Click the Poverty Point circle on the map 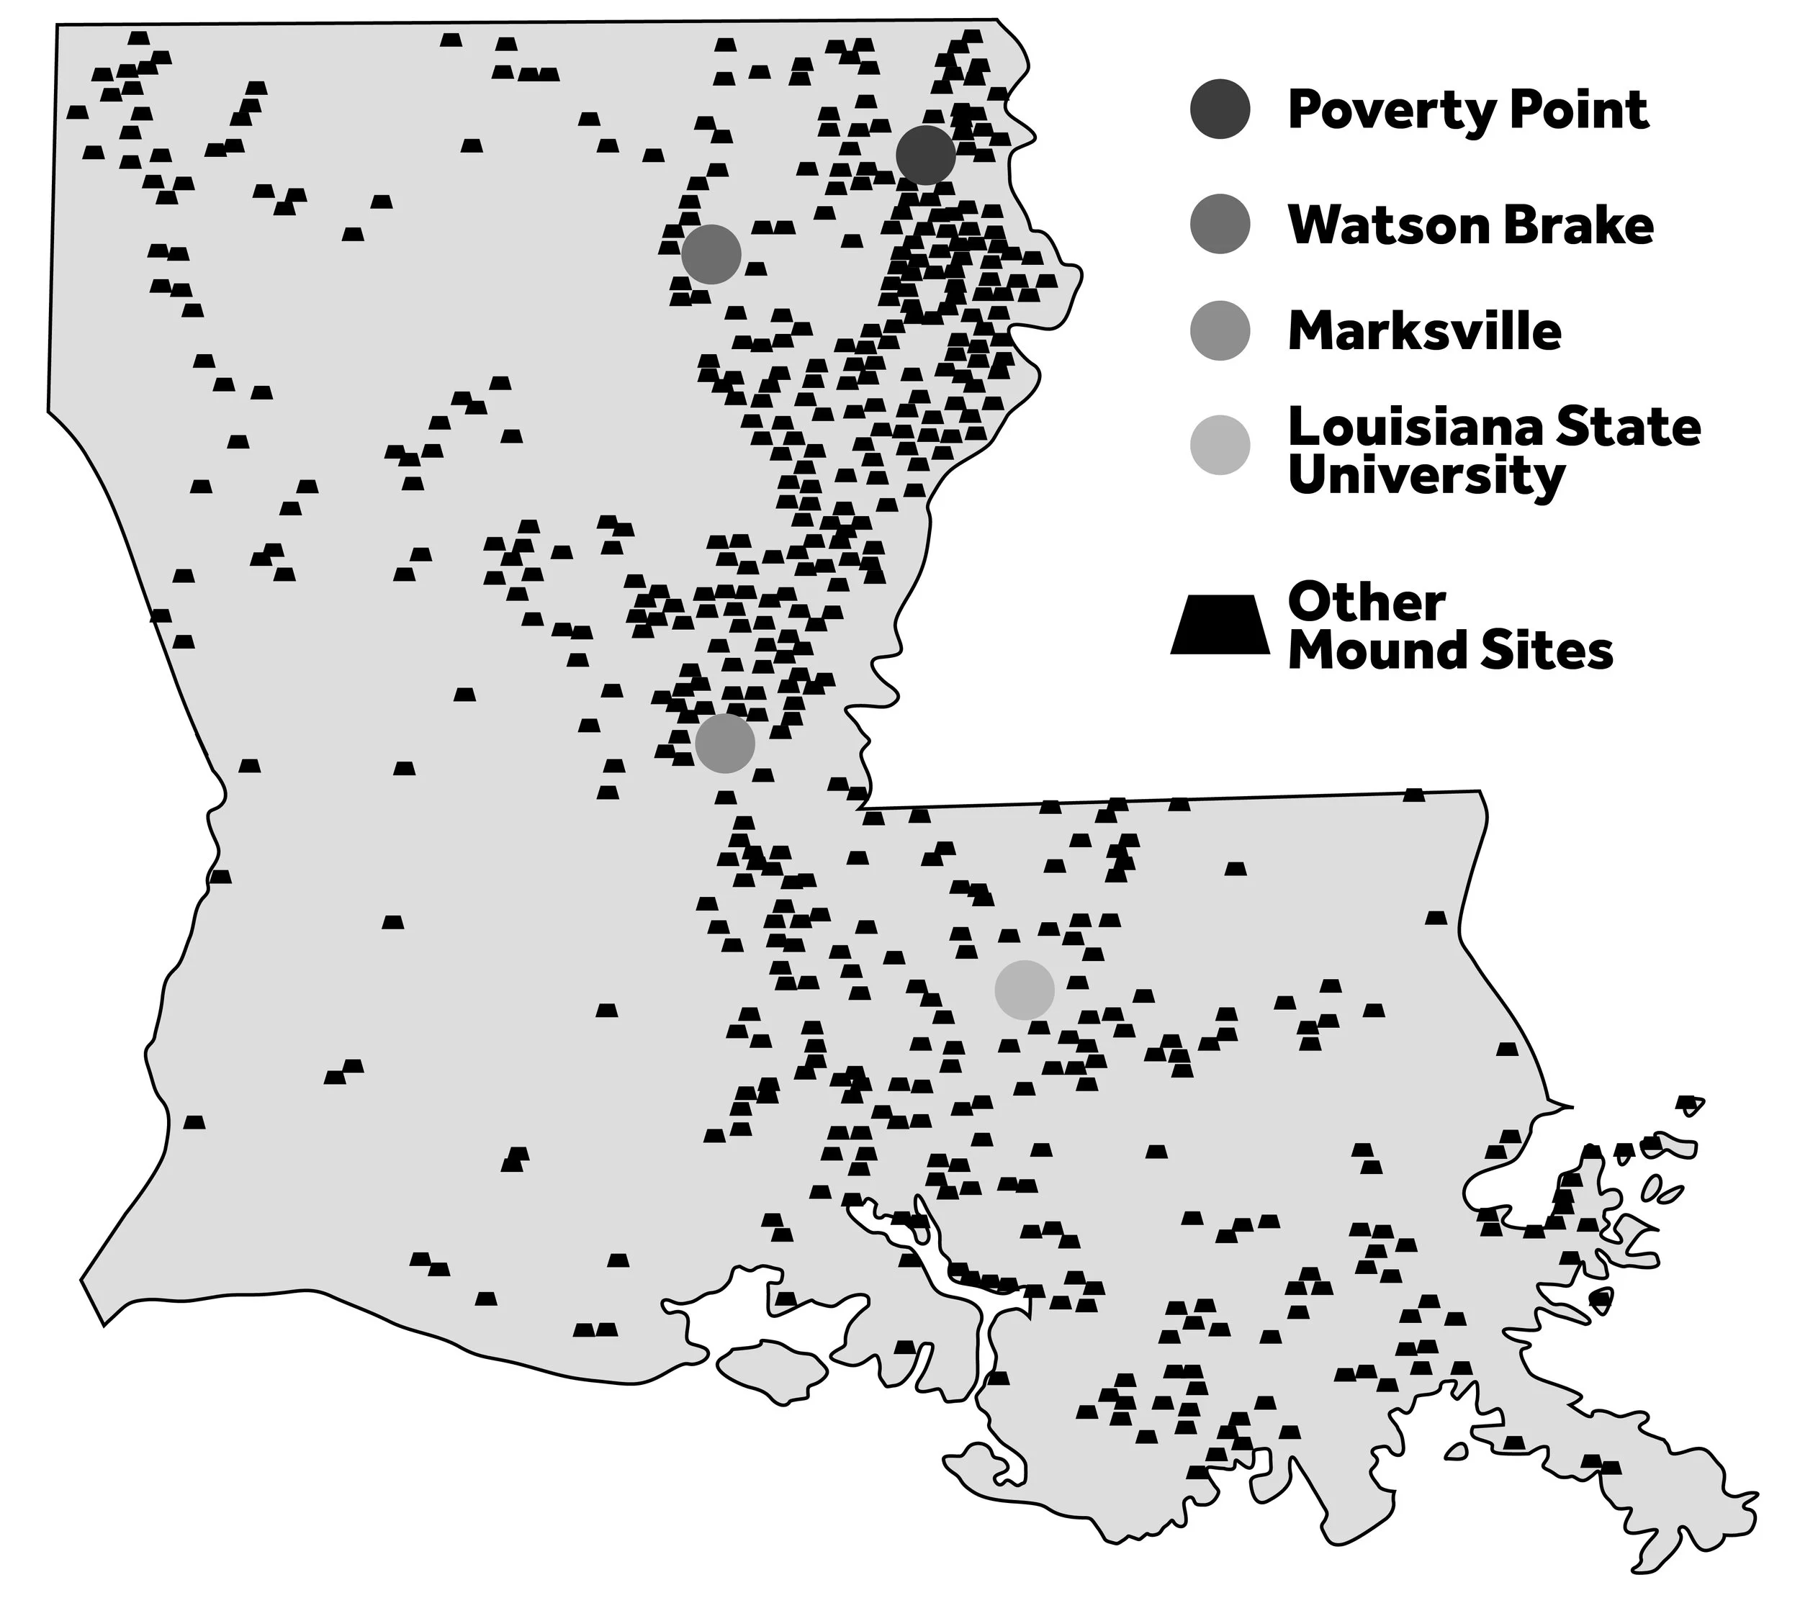click(926, 155)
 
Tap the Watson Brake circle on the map click(711, 254)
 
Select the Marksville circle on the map click(725, 743)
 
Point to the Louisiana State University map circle click(1025, 990)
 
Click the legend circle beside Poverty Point click(1220, 109)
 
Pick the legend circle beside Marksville click(1220, 330)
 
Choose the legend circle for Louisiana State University click(1220, 444)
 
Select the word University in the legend click(1426, 477)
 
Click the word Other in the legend click(1366, 603)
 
